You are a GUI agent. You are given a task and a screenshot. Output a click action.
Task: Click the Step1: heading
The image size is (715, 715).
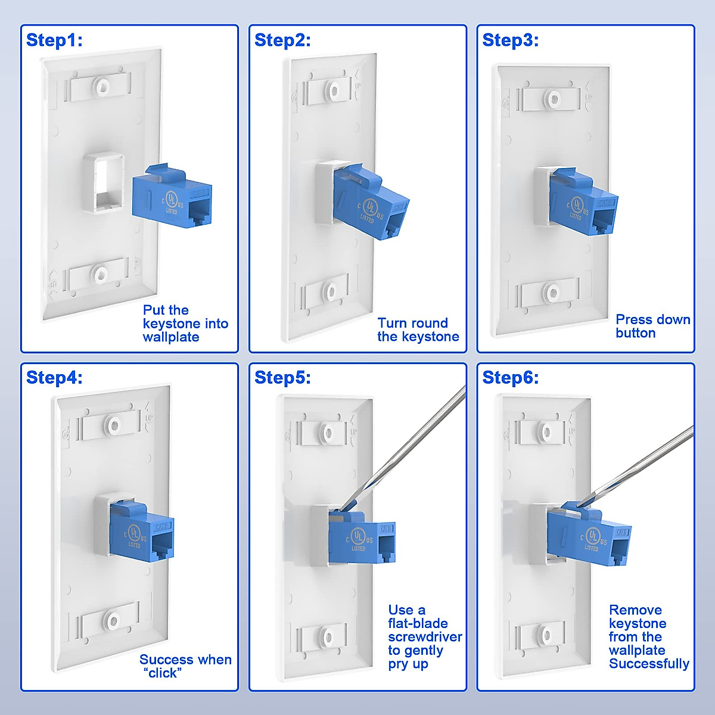(54, 41)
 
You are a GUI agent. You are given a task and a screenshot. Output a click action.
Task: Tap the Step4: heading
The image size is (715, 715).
(54, 378)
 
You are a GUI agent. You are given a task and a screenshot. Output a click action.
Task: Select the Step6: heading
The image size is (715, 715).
(510, 378)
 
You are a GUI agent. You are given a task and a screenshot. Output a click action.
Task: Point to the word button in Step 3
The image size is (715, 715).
(635, 333)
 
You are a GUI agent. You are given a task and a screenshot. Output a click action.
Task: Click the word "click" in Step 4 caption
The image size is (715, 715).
(162, 673)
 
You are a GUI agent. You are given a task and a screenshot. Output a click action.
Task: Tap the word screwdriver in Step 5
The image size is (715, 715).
(425, 637)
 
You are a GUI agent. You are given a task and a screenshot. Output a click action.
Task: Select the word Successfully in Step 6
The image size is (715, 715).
(649, 664)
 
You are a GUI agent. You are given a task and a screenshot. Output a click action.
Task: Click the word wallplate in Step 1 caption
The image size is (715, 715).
(170, 337)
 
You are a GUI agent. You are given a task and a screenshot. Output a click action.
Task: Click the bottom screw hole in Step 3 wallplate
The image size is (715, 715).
(552, 293)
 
